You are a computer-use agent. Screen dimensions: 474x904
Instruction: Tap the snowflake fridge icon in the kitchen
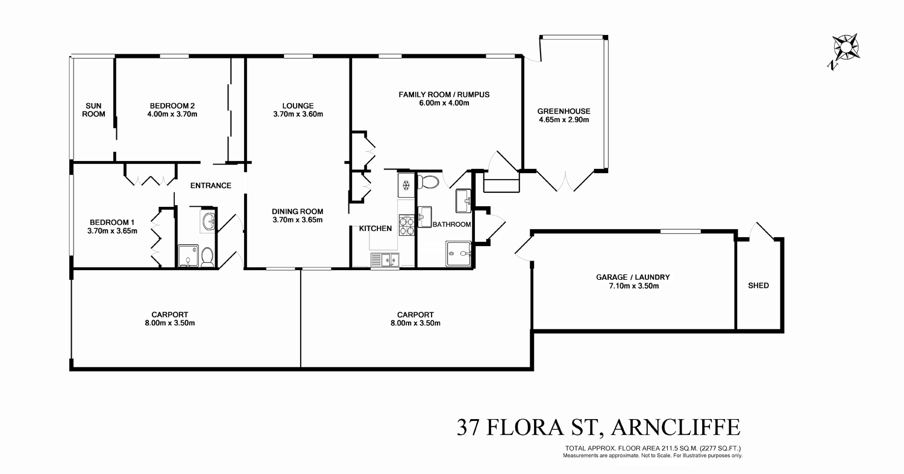(406, 184)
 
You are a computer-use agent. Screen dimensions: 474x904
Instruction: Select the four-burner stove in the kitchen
(406, 225)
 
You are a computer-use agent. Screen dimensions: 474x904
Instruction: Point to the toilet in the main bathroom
(429, 182)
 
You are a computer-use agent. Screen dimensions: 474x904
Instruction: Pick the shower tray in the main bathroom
(458, 253)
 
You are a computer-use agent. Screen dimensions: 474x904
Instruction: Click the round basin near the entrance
(209, 221)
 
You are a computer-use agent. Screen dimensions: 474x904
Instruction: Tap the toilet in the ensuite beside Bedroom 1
(207, 258)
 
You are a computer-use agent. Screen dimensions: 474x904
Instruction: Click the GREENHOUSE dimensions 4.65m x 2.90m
(563, 119)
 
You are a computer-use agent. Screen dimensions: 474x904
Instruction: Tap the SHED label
(758, 286)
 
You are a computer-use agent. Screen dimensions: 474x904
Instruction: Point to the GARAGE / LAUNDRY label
(633, 277)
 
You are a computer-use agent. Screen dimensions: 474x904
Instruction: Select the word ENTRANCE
(210, 186)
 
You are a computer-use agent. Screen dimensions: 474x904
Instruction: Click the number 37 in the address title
(468, 428)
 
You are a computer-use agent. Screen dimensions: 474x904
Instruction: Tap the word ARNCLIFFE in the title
(675, 428)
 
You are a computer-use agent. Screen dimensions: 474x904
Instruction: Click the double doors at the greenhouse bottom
(565, 181)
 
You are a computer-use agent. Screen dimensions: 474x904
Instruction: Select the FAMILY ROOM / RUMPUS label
(444, 95)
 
